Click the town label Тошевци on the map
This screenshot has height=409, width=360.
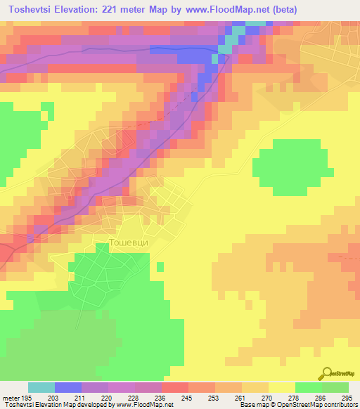click(129, 242)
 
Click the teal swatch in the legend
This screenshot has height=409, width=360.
click(41, 388)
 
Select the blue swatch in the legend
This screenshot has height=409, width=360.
click(68, 388)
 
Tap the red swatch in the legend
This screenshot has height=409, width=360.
click(175, 388)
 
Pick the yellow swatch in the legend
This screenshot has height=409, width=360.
click(282, 388)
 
